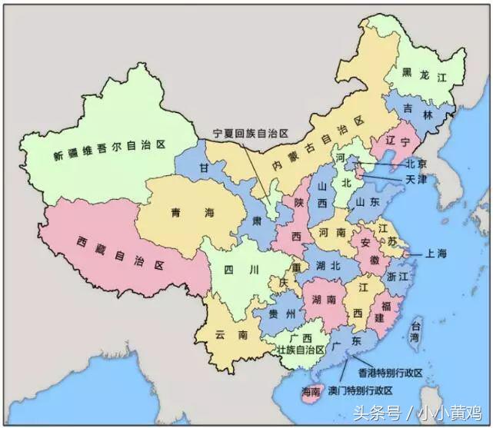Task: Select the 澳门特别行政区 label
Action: tap(365, 390)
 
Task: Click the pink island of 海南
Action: tap(311, 392)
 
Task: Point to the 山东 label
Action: tap(367, 202)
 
